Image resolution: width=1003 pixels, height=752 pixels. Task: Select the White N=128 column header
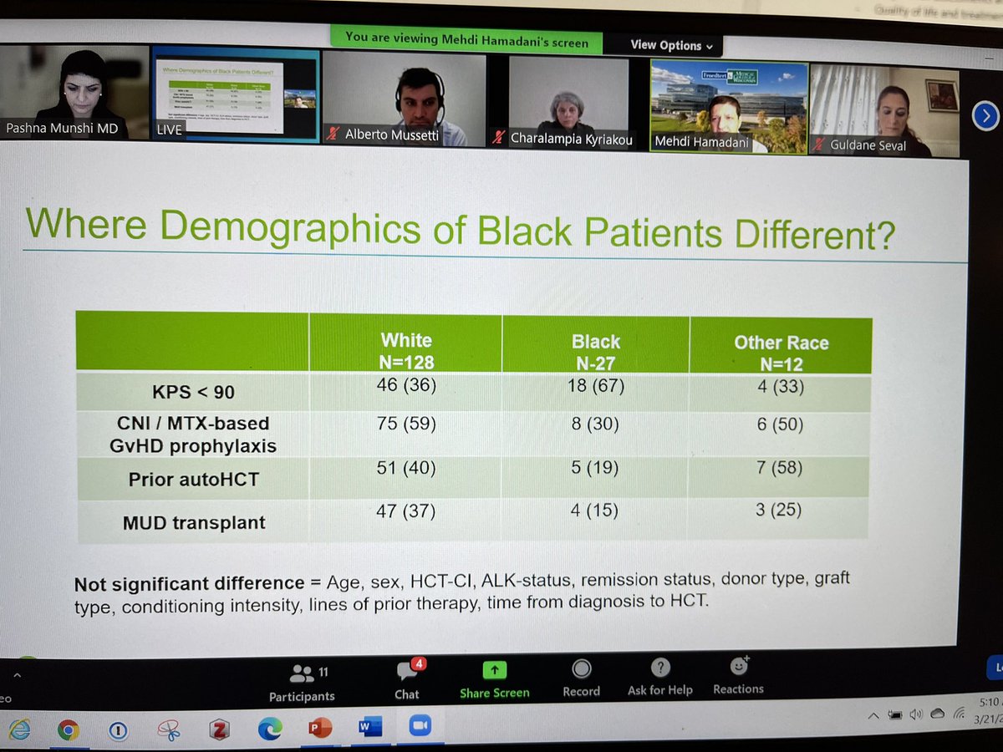click(x=406, y=350)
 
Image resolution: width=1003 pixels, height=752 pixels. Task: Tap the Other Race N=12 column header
click(x=781, y=351)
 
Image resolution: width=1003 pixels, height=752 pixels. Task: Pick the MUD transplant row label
click(x=193, y=523)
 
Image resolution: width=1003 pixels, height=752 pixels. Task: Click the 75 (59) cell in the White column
click(x=405, y=424)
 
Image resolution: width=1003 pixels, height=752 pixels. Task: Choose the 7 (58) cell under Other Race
click(x=778, y=467)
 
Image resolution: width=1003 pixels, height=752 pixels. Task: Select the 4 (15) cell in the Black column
click(x=594, y=509)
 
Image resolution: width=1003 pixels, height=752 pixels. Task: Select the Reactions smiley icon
click(x=738, y=667)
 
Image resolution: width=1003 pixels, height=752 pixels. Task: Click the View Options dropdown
click(x=671, y=45)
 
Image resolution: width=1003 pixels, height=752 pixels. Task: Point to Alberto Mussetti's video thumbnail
click(x=404, y=99)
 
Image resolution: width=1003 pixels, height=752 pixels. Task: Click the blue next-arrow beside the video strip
click(x=986, y=115)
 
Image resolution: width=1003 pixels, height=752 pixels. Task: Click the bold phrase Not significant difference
click(x=189, y=583)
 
